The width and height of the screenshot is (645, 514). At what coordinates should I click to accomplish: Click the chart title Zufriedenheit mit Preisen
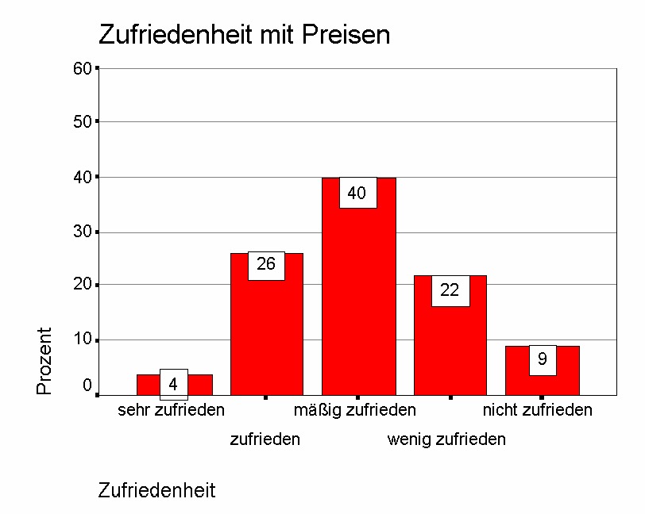pyautogui.click(x=244, y=35)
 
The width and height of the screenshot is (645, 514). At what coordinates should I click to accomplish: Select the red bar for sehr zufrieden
pyautogui.click(x=148, y=385)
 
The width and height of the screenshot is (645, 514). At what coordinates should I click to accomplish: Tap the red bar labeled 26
pyautogui.click(x=266, y=333)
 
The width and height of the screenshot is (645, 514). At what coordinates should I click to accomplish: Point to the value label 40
pyautogui.click(x=357, y=194)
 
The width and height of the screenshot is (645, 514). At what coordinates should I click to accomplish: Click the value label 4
pyautogui.click(x=173, y=385)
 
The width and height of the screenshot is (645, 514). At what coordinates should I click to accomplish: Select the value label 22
pyautogui.click(x=450, y=290)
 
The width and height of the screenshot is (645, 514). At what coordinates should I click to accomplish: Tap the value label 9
pyautogui.click(x=543, y=359)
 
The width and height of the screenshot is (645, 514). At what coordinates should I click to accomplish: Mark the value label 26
pyautogui.click(x=266, y=265)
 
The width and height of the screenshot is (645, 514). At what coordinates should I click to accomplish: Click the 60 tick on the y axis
pyautogui.click(x=83, y=68)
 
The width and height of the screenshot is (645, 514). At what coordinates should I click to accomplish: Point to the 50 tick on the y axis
pyautogui.click(x=83, y=121)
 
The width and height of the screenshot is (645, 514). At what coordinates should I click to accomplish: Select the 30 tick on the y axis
pyautogui.click(x=83, y=232)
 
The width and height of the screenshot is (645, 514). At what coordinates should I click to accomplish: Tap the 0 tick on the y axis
pyautogui.click(x=87, y=385)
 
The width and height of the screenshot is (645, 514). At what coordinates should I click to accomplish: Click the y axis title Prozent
pyautogui.click(x=44, y=361)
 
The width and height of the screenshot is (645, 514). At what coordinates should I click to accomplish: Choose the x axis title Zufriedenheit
pyautogui.click(x=156, y=490)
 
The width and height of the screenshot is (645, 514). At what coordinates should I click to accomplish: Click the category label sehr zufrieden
pyautogui.click(x=172, y=410)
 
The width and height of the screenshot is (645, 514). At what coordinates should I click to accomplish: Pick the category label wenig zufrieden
pyautogui.click(x=446, y=439)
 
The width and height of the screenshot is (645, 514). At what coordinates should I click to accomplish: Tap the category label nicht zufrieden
pyautogui.click(x=538, y=410)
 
